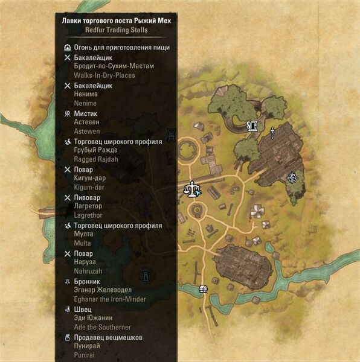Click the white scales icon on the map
point(193,189)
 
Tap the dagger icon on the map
point(273,131)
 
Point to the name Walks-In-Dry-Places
point(104,75)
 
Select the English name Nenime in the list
point(85,104)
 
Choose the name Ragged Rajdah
point(95,159)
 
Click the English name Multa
point(82,243)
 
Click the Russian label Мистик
point(85,113)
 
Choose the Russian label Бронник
point(89,281)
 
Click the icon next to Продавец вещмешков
point(67,337)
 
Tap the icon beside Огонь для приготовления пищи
point(67,48)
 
